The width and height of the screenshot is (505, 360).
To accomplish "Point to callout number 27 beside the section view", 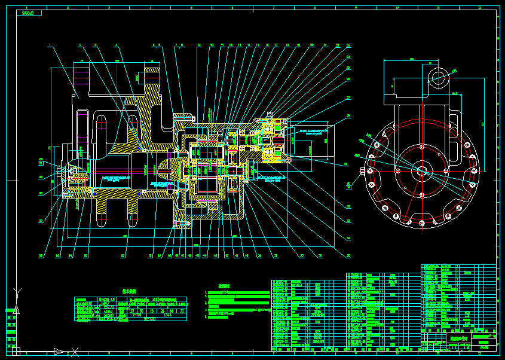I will click(348, 97).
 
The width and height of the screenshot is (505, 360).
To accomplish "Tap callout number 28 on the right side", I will click(348, 116).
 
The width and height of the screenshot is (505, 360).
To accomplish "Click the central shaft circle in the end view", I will click(421, 170).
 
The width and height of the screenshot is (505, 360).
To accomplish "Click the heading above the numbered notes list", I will click(224, 286).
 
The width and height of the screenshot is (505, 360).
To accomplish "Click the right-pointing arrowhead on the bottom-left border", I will click(59, 351).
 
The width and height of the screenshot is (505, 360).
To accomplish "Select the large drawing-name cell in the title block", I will click(458, 338).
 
